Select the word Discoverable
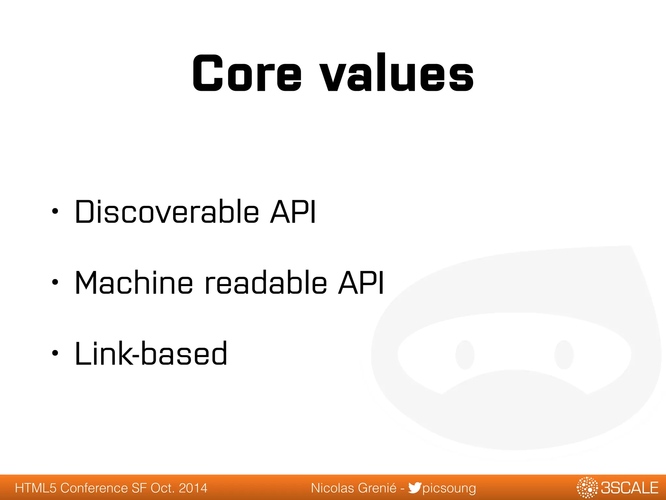click(x=167, y=212)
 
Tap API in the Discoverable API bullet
click(x=293, y=212)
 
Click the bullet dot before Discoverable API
click(x=55, y=212)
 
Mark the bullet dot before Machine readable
click(x=55, y=282)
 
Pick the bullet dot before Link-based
click(x=55, y=353)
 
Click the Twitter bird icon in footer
click(x=415, y=488)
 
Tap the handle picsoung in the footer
click(x=449, y=488)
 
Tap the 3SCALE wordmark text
click(x=630, y=488)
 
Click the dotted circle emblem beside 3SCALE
click(x=587, y=488)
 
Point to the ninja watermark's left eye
click(x=465, y=355)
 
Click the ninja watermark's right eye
click(x=564, y=355)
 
